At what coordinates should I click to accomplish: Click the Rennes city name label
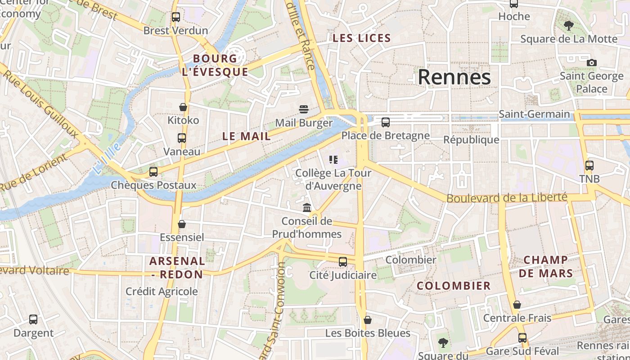[x=454, y=77]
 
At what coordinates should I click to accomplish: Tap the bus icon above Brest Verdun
[x=176, y=17]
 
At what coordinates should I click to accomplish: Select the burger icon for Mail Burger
[x=304, y=109]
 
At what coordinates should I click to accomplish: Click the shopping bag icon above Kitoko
[x=183, y=107]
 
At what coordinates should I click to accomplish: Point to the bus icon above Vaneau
[x=182, y=138]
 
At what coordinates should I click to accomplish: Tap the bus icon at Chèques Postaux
[x=153, y=171]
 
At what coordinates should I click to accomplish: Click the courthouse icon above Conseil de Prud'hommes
[x=307, y=207]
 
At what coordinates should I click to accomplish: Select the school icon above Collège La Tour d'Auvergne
[x=333, y=159]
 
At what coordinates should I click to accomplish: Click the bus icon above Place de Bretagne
[x=386, y=122]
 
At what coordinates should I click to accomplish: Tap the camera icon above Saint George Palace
[x=592, y=63]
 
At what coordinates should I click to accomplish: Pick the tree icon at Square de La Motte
[x=569, y=25]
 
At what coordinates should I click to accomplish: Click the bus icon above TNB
[x=589, y=165]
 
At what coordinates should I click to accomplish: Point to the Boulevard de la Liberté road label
[x=507, y=198]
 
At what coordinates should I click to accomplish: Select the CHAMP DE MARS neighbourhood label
[x=546, y=266]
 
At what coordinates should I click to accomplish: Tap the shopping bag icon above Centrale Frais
[x=517, y=305]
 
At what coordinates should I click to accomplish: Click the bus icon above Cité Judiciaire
[x=343, y=261]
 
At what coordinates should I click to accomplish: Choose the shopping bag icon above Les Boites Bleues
[x=368, y=320]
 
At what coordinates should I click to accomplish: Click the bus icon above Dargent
[x=33, y=319]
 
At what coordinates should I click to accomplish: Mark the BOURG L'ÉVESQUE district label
[x=215, y=65]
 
